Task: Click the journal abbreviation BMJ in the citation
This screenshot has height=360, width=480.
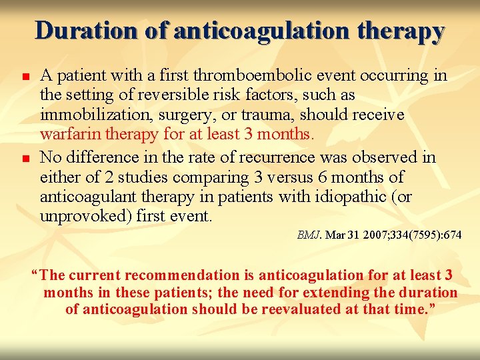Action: click(309, 235)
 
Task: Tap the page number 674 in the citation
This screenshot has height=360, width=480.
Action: click(451, 235)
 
